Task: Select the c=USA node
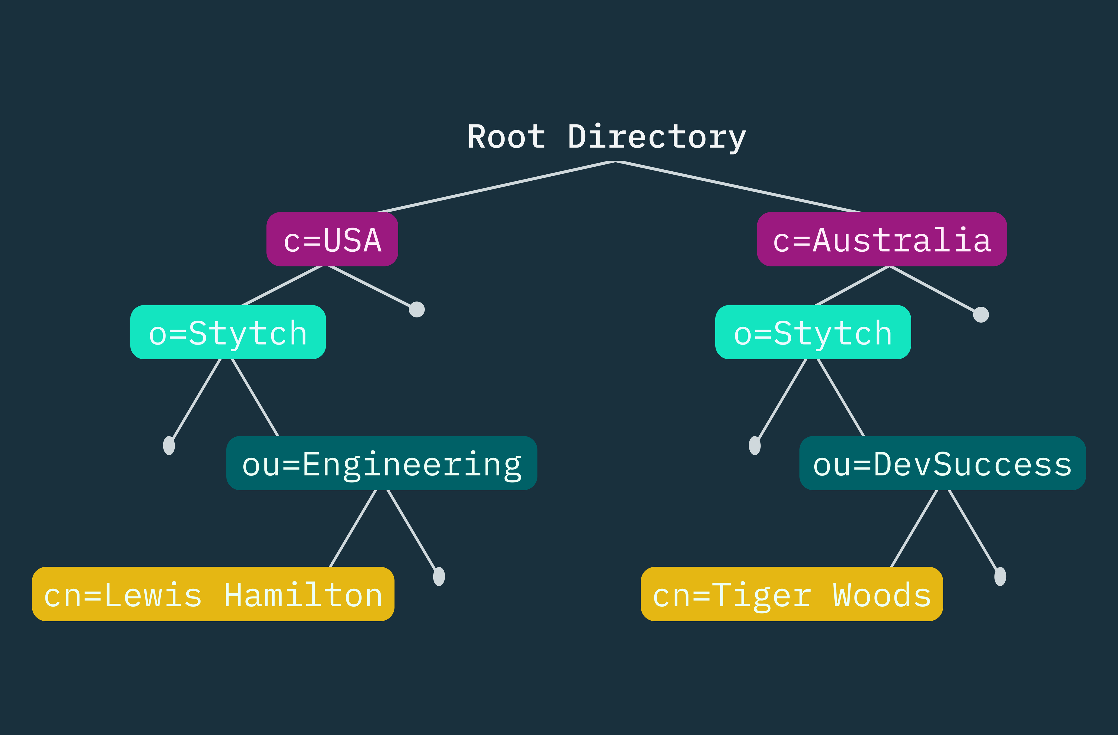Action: pos(332,239)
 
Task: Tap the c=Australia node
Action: pos(882,239)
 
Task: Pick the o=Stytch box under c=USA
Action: pos(228,332)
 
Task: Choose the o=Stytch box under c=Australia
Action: pos(813,332)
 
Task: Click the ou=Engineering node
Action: pos(381,463)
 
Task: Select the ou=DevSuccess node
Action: pos(942,463)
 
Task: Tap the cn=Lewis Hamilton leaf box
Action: pos(213,594)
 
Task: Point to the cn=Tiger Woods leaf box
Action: pos(792,594)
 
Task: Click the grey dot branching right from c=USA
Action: pos(417,309)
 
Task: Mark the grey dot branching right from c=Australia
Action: pos(981,315)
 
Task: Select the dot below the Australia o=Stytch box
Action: pos(754,445)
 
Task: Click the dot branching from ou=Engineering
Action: pos(439,576)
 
